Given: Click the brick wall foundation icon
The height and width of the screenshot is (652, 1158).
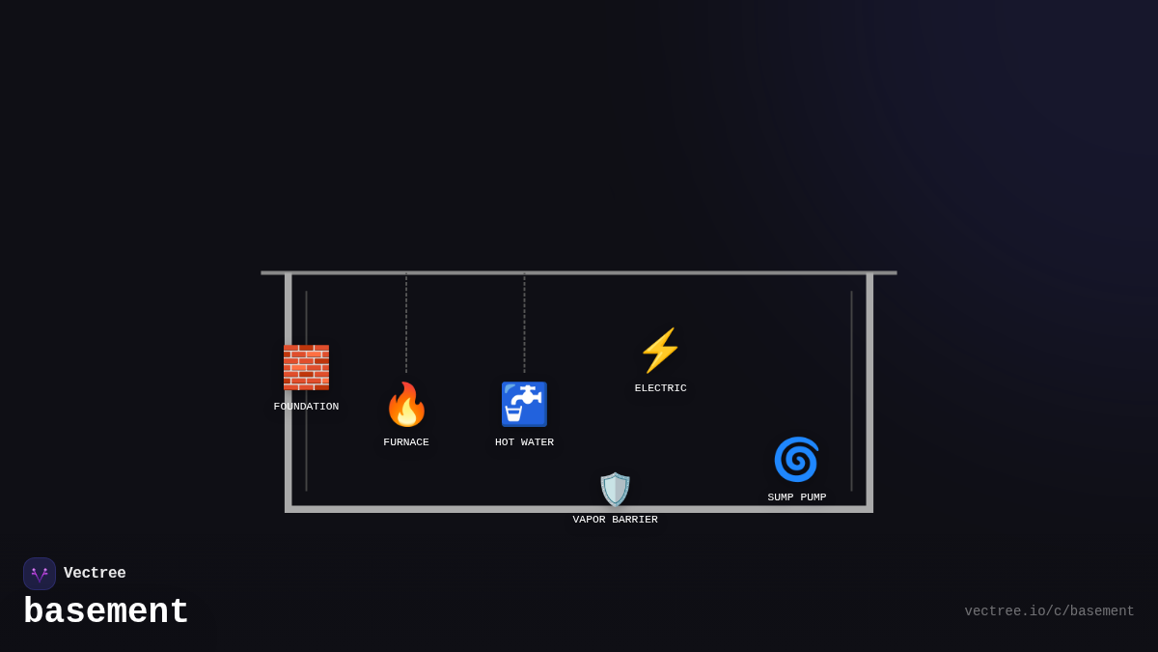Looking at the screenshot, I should pyautogui.click(x=306, y=367).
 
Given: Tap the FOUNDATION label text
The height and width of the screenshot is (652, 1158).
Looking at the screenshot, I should pyautogui.click(x=306, y=407).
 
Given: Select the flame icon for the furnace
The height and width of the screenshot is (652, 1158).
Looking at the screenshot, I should pyautogui.click(x=406, y=405).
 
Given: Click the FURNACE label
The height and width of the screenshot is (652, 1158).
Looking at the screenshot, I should pyautogui.click(x=406, y=442).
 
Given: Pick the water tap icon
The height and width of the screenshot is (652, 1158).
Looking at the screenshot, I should pyautogui.click(x=524, y=405).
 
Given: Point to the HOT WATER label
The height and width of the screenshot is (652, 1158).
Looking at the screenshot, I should pyautogui.click(x=524, y=442).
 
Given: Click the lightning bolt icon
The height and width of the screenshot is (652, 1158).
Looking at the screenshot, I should pyautogui.click(x=660, y=351).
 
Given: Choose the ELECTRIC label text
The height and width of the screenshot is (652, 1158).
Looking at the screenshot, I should pyautogui.click(x=660, y=388).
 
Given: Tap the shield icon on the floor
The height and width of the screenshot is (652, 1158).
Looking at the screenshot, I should pyautogui.click(x=615, y=490).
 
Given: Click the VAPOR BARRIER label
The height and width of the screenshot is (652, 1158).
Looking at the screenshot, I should pyautogui.click(x=615, y=520).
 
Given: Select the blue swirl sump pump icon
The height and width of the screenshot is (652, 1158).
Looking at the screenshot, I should pyautogui.click(x=796, y=459).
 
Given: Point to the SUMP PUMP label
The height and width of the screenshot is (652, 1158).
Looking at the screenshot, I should pyautogui.click(x=796, y=497).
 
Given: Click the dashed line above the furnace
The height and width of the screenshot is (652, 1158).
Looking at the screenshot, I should pyautogui.click(x=406, y=324).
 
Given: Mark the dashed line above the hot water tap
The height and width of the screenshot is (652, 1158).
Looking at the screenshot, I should pyautogui.click(x=524, y=324).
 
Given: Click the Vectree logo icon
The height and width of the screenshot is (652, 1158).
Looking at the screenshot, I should pyautogui.click(x=40, y=574).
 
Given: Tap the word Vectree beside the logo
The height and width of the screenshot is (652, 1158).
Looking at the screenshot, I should pyautogui.click(x=95, y=574).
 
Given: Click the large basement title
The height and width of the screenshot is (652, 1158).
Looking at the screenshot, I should pyautogui.click(x=106, y=612).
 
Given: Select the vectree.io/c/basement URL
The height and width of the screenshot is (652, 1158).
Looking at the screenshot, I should pyautogui.click(x=1049, y=611).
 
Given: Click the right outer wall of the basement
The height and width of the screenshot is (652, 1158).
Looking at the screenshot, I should pyautogui.click(x=869, y=391).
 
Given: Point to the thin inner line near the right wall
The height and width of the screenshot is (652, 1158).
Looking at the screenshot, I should pyautogui.click(x=851, y=391).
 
